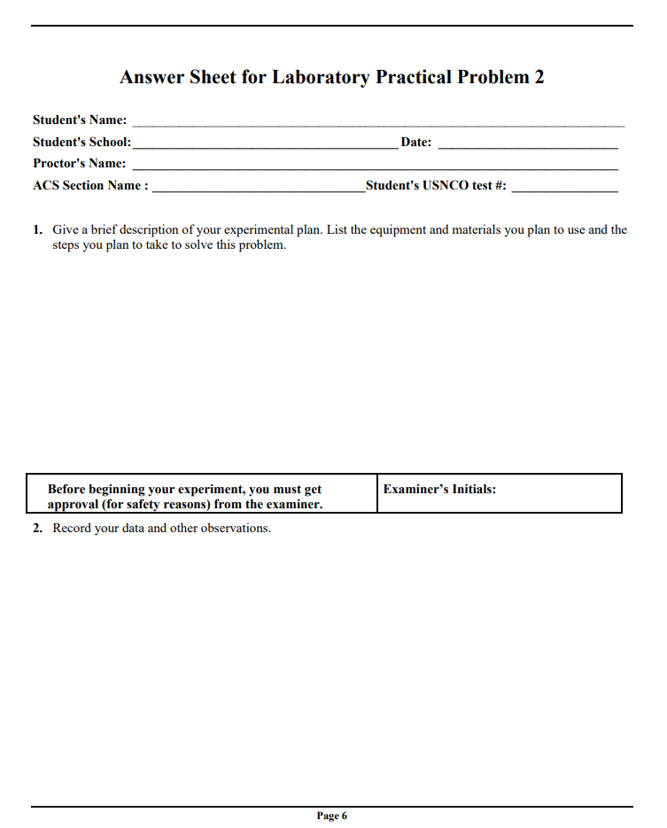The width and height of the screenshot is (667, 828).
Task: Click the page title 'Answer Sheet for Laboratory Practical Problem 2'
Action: pyautogui.click(x=332, y=77)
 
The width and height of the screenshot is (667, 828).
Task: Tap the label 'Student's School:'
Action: pyautogui.click(x=81, y=142)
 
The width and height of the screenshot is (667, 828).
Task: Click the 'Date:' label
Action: pyautogui.click(x=416, y=142)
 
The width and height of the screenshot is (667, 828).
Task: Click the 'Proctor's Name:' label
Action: pyautogui.click(x=80, y=163)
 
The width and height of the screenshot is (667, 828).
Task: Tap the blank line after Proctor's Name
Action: pyautogui.click(x=375, y=167)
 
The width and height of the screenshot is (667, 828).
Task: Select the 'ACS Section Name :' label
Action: pyautogui.click(x=90, y=185)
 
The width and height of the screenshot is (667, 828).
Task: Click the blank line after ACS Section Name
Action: pyautogui.click(x=259, y=190)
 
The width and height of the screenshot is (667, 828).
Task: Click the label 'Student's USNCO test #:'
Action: pyautogui.click(x=436, y=185)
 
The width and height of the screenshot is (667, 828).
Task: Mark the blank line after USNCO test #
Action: pyautogui.click(x=564, y=190)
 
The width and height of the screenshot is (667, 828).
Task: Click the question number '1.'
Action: pyautogui.click(x=38, y=229)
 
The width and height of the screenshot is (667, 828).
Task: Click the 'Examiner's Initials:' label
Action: pyautogui.click(x=439, y=489)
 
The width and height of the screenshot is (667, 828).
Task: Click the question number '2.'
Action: pyautogui.click(x=38, y=529)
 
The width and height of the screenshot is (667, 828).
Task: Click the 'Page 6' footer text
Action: pyautogui.click(x=332, y=816)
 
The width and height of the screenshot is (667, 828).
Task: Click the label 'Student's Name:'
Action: pyautogui.click(x=80, y=120)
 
